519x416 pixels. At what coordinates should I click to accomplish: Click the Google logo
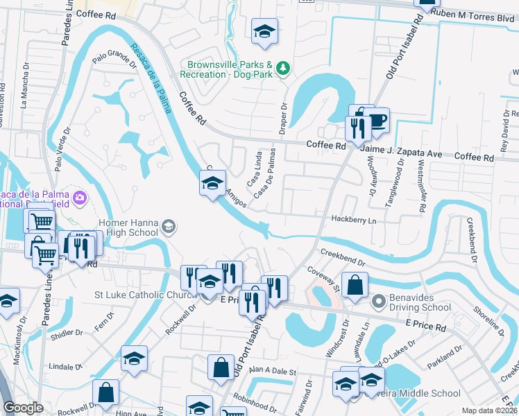(24, 408)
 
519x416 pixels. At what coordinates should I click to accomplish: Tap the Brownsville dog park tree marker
(282, 68)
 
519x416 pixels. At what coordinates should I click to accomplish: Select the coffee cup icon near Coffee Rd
(377, 121)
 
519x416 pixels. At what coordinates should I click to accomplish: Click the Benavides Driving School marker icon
(378, 302)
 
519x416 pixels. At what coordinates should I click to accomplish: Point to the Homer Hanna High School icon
(169, 227)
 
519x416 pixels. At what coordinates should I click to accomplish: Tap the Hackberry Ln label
(353, 220)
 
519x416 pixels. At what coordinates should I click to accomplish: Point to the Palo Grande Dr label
(114, 60)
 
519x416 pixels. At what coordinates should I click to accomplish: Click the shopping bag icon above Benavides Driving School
(355, 285)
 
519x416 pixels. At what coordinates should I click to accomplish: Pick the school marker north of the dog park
(264, 32)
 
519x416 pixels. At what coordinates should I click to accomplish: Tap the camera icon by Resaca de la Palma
(80, 198)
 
